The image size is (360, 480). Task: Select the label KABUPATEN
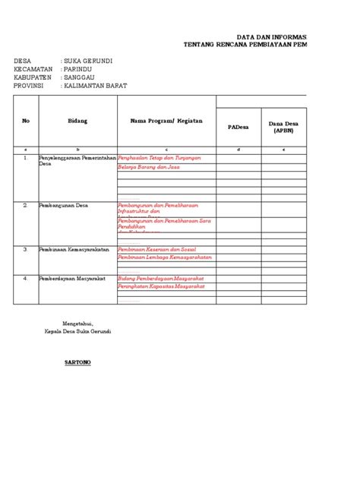[33, 77]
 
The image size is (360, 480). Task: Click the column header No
[25, 121]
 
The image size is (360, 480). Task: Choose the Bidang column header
[77, 121]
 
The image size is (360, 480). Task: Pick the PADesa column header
[238, 127]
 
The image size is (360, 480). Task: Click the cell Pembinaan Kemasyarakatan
[76, 249]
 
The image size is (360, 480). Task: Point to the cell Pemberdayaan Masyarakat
[74, 279]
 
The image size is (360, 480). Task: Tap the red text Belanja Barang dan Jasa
[152, 166]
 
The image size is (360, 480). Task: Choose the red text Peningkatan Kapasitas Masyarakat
[161, 287]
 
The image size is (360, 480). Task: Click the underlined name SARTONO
[77, 363]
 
